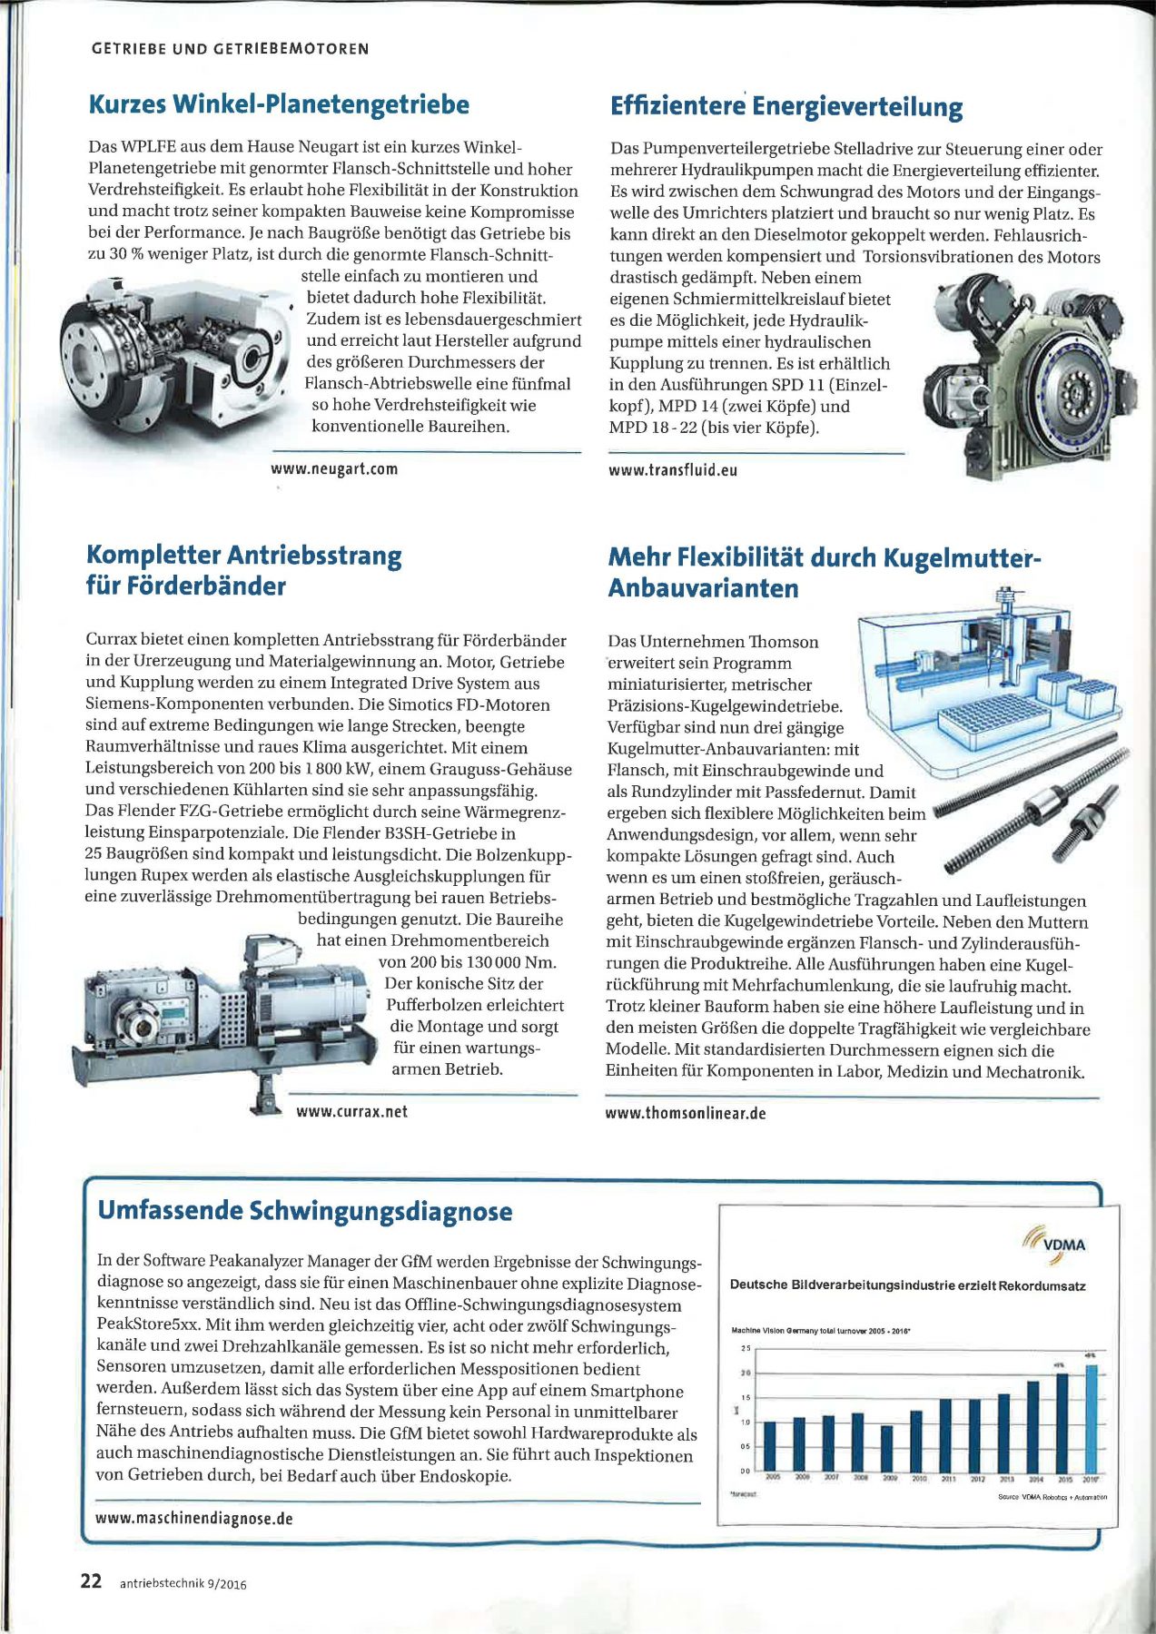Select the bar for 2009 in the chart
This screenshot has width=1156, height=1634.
[x=887, y=1448]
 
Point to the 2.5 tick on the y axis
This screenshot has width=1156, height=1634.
[x=746, y=1348]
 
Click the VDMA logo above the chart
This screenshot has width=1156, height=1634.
[x=1054, y=1243]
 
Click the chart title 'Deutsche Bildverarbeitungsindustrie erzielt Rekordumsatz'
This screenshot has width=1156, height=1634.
[x=907, y=1285]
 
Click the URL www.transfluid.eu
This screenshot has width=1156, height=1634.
[x=673, y=470]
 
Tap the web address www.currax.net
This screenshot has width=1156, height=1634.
[x=351, y=1111]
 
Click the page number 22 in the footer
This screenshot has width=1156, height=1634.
[x=91, y=1580]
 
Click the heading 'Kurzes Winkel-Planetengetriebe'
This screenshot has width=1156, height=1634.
[x=279, y=104]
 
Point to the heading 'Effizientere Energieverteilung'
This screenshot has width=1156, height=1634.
[x=786, y=106]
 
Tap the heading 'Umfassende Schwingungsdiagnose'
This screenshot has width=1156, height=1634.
[x=304, y=1211]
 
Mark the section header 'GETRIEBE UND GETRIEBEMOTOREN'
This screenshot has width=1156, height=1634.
[x=231, y=49]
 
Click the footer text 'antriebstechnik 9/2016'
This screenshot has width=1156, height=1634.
[x=183, y=1584]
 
